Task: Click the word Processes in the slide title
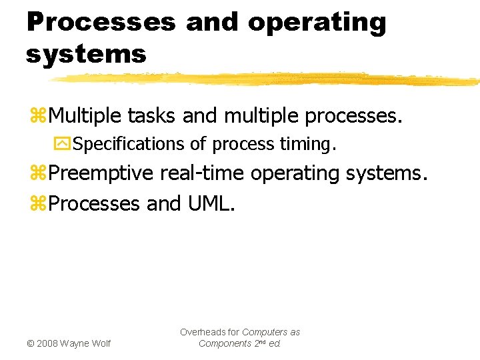click(x=101, y=21)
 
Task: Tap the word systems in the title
click(x=86, y=54)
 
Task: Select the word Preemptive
click(x=103, y=173)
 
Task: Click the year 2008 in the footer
click(x=47, y=343)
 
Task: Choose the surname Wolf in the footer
click(x=100, y=343)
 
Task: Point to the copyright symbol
click(x=29, y=343)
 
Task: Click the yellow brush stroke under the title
click(x=267, y=79)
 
